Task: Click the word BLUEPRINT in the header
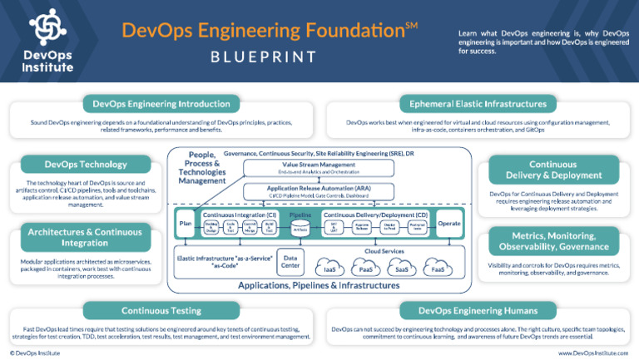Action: [265, 57]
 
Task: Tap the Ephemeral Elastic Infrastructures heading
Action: [478, 104]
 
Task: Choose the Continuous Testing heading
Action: [161, 311]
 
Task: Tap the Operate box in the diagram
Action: [448, 224]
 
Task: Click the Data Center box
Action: [289, 261]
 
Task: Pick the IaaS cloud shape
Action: [331, 268]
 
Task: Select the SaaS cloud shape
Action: [402, 268]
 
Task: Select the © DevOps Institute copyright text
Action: [31, 353]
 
